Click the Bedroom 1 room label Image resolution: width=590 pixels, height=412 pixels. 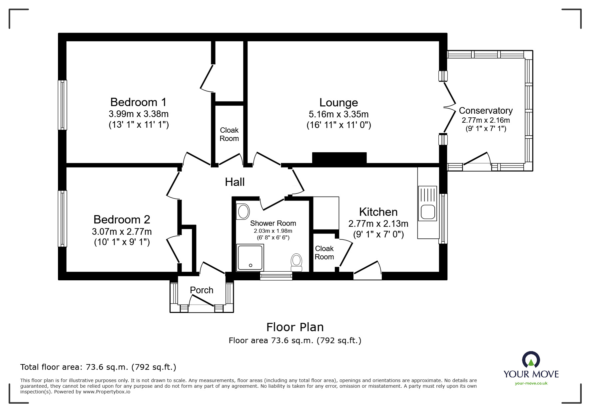click(138, 102)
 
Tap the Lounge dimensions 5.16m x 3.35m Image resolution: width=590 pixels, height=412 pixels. click(338, 114)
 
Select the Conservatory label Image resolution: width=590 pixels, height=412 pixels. click(485, 110)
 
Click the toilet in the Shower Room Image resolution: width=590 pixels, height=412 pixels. click(296, 262)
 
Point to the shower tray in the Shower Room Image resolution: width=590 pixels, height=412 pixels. click(250, 257)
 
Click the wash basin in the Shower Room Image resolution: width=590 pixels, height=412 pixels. click(243, 211)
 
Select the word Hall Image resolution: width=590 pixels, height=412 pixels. click(235, 182)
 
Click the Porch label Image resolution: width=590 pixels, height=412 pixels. click(201, 290)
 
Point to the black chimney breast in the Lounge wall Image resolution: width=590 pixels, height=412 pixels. click(339, 158)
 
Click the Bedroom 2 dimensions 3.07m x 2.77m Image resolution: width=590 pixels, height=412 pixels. click(122, 231)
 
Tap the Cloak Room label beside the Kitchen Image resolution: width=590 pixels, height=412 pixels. click(324, 253)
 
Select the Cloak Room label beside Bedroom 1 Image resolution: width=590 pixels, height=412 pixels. click(229, 134)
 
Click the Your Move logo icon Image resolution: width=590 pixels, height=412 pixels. click(531, 360)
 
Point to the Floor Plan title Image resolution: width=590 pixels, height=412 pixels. click(295, 327)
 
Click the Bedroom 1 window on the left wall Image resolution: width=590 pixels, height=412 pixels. click(62, 105)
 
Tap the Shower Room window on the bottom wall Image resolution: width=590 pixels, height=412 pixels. click(276, 276)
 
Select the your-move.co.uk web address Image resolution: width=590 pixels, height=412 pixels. click(531, 383)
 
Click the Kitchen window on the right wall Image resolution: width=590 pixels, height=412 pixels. click(443, 218)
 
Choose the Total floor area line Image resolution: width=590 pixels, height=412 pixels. click(98, 367)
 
